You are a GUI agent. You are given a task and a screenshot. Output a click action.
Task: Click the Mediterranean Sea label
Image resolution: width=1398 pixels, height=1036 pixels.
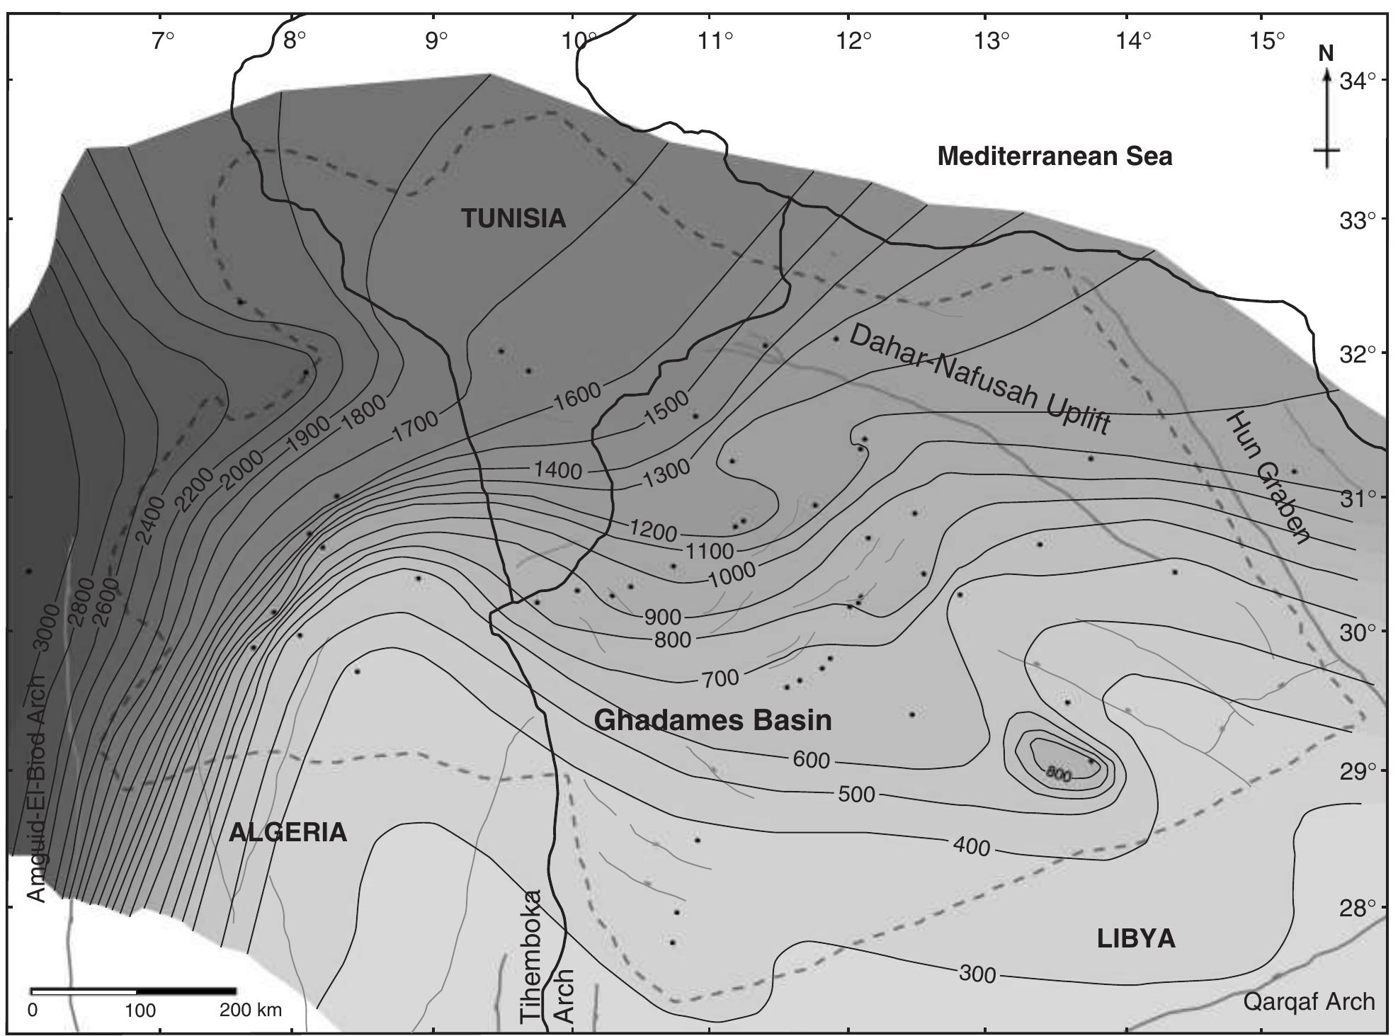(1055, 156)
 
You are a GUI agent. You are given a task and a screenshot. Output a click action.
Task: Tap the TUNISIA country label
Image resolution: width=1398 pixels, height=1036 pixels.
(513, 218)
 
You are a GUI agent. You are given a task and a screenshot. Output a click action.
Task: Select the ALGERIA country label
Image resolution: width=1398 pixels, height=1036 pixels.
(288, 832)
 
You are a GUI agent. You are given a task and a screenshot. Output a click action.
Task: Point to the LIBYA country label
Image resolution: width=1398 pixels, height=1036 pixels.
(1136, 939)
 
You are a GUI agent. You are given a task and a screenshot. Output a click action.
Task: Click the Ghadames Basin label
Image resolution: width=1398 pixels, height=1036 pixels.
(712, 720)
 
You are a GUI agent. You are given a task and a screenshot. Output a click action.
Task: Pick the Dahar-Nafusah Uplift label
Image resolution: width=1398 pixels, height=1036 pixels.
(979, 380)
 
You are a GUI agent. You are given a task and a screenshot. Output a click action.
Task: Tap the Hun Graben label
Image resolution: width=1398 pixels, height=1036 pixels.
(1268, 477)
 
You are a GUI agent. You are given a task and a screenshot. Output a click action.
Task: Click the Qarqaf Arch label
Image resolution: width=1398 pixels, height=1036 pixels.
(1309, 1001)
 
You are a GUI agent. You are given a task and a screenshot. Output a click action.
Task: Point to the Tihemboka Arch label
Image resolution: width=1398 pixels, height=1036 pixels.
(547, 956)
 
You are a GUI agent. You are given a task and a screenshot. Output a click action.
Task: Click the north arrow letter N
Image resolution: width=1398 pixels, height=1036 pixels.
(1326, 54)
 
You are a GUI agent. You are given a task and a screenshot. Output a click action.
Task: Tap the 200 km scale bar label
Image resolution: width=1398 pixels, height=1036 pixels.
(250, 1010)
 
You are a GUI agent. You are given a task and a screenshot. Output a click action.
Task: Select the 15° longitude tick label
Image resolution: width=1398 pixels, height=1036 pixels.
(1266, 41)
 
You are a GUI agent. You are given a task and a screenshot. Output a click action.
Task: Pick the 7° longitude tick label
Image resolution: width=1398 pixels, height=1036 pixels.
(162, 41)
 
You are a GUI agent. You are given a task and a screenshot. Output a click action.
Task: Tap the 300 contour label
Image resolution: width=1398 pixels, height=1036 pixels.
(977, 974)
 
